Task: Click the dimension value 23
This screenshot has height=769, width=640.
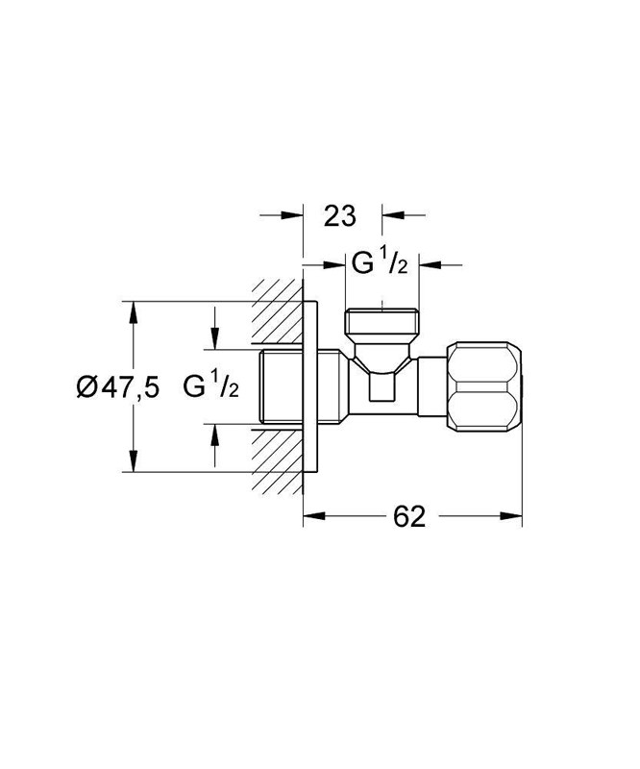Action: pyautogui.click(x=340, y=215)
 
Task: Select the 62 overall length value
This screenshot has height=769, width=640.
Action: pyautogui.click(x=408, y=516)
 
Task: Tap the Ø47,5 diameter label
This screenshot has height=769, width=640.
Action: pyautogui.click(x=116, y=387)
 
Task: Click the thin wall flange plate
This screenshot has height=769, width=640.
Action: pyautogui.click(x=309, y=387)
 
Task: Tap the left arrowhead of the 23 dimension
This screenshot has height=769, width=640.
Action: pyautogui.click(x=294, y=215)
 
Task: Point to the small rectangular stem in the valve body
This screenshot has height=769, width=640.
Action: pyautogui.click(x=382, y=387)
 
